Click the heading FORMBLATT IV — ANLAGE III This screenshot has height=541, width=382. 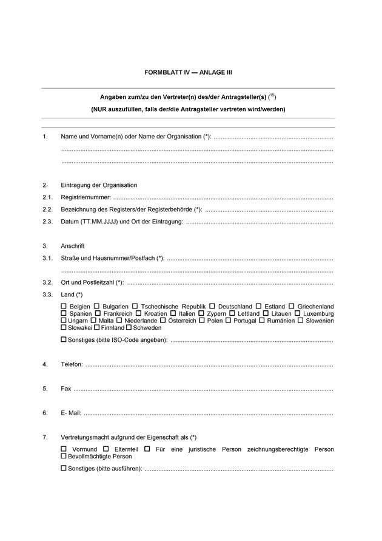click(188, 72)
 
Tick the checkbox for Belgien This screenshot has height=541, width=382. click(64, 306)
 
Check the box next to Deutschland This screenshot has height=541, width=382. click(212, 306)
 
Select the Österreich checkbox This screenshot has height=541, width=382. click(164, 320)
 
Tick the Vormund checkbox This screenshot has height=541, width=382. click(64, 449)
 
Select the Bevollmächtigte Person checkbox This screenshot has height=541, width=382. click(64, 456)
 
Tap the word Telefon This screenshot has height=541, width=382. click(72, 364)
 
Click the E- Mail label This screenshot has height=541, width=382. click(71, 413)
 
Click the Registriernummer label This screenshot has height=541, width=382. click(85, 197)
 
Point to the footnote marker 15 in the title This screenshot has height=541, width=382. click(272, 95)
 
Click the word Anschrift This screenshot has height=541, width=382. click(73, 246)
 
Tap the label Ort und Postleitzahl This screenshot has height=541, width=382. click(91, 282)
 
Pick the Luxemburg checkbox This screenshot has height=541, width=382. click(298, 313)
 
